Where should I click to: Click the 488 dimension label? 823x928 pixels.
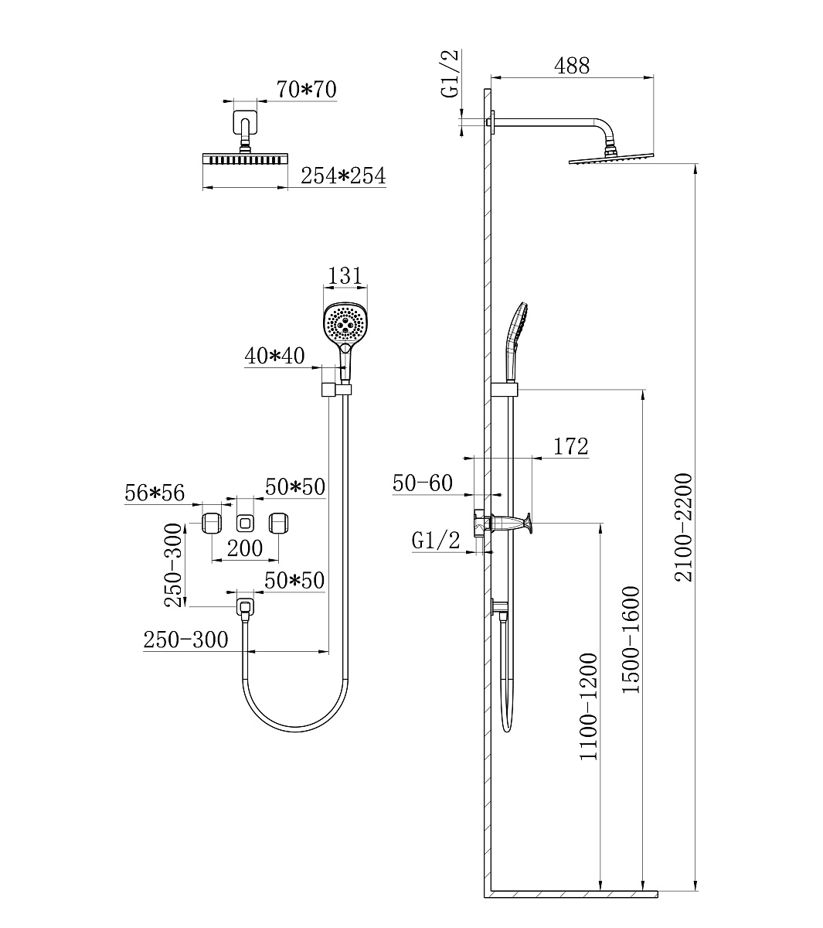(572, 66)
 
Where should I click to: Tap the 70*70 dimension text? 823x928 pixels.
(306, 89)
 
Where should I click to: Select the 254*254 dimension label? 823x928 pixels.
(343, 176)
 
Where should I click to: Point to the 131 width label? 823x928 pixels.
(345, 276)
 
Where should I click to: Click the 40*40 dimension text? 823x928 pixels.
(274, 356)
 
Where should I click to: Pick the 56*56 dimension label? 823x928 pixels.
(155, 493)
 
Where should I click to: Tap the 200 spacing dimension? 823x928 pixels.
(245, 548)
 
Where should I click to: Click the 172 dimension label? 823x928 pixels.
(571, 446)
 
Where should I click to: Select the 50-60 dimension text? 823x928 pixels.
(423, 483)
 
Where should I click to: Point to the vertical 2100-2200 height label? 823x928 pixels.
(683, 527)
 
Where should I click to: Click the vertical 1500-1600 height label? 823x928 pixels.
(631, 640)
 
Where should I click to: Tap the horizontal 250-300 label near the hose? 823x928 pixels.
(185, 640)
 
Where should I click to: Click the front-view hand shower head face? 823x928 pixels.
(345, 323)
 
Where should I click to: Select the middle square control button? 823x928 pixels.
(245, 523)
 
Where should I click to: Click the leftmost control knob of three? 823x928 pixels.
(212, 523)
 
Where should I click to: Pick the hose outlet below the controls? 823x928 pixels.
(245, 608)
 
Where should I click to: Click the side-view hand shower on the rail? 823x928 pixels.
(515, 342)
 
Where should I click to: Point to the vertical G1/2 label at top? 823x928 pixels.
(451, 73)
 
